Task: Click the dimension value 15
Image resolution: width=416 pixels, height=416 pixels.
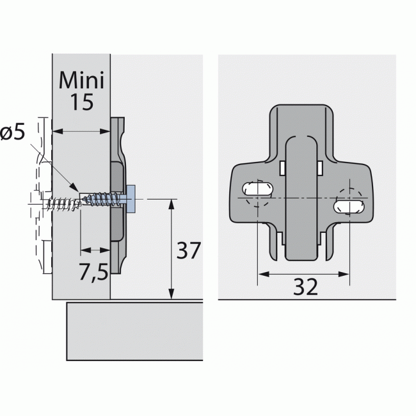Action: coord(82,102)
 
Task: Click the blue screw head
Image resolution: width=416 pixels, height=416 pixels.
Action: coord(131,199)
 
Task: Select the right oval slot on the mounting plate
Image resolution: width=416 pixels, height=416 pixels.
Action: coord(350,206)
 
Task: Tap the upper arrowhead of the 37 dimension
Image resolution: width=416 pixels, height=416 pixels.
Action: coord(171,204)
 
